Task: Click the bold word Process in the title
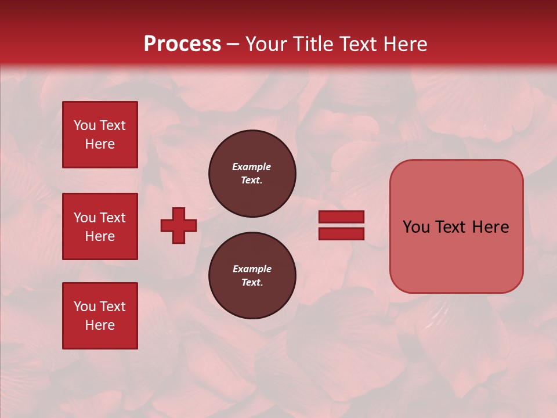tap(182, 44)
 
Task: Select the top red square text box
tap(100, 135)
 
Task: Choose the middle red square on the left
tap(100, 226)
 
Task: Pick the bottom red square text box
tap(100, 316)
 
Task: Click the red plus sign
tap(179, 225)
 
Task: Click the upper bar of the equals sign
tap(341, 217)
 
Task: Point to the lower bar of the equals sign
tap(341, 234)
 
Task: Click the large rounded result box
tap(456, 255)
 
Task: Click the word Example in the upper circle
tap(252, 167)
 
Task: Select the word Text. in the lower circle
tap(252, 282)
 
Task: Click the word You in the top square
tap(85, 125)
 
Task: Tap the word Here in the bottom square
tap(100, 325)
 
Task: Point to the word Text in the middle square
tap(113, 218)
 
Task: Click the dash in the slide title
tap(233, 44)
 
